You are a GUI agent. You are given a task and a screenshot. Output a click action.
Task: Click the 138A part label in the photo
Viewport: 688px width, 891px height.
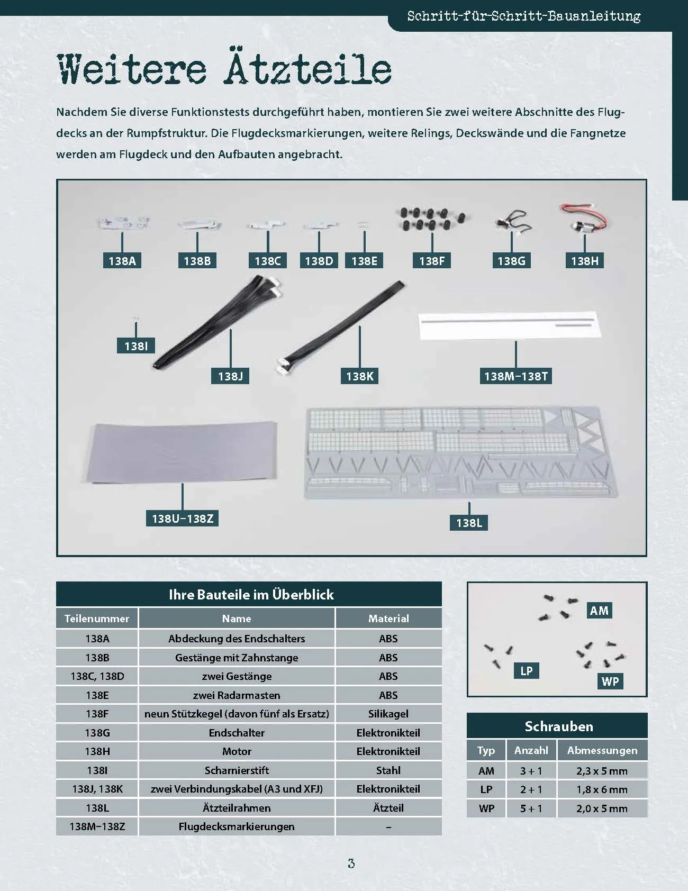point(122,260)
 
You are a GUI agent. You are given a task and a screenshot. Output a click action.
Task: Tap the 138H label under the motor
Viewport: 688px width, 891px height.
point(585,260)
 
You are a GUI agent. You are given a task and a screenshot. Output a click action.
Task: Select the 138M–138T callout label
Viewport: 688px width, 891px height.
point(516,376)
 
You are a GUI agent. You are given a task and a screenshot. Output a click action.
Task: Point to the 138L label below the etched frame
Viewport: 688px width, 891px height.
point(469,523)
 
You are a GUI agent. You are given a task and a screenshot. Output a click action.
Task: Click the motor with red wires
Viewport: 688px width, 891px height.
point(582,218)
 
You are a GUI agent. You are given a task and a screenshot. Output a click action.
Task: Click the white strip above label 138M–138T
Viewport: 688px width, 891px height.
point(510,326)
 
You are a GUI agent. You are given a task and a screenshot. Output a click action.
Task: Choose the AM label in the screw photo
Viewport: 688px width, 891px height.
point(599,611)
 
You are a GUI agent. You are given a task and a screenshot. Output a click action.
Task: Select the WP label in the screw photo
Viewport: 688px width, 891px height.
point(610,681)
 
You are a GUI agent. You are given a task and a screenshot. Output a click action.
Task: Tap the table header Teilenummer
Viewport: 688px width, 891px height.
point(97,619)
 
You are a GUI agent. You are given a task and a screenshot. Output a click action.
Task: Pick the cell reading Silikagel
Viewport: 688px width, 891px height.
point(388,714)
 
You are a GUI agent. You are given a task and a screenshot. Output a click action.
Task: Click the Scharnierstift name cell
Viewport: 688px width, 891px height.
point(237,770)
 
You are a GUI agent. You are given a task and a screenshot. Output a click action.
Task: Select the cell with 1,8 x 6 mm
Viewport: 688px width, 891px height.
point(602,789)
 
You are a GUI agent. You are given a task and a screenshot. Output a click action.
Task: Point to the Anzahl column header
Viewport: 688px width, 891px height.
point(531,750)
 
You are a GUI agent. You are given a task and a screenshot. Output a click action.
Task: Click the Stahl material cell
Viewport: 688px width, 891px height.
point(388,770)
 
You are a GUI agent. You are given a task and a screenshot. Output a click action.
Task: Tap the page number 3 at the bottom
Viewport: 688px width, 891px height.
point(351,863)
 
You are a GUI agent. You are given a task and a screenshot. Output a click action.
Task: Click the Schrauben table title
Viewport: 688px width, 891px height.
point(559,726)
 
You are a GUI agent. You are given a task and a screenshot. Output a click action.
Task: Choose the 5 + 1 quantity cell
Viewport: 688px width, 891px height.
point(531,808)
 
